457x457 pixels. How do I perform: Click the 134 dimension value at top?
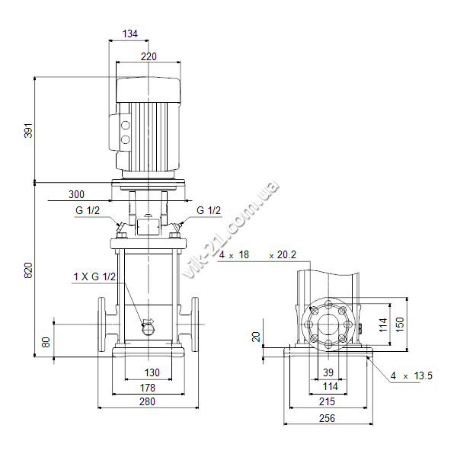click(x=130, y=34)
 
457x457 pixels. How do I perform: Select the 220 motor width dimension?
click(x=149, y=56)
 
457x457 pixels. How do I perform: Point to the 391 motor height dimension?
click(x=28, y=130)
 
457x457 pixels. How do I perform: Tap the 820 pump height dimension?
click(x=28, y=270)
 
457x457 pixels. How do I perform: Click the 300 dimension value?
click(x=76, y=194)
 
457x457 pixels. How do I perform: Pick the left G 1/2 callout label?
click(x=88, y=210)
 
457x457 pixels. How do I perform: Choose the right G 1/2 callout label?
click(x=209, y=210)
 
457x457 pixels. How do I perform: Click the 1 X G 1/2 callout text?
click(x=94, y=276)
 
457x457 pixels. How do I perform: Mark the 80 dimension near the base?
click(x=46, y=342)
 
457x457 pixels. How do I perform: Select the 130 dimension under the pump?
click(x=152, y=372)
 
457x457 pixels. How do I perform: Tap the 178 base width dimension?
click(x=148, y=388)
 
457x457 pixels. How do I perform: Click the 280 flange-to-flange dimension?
click(x=147, y=401)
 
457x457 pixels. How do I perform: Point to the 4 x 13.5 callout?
click(x=411, y=376)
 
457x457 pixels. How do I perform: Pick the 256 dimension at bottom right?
click(x=327, y=418)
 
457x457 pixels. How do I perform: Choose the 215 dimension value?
click(x=327, y=401)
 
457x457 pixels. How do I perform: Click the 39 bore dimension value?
click(x=328, y=372)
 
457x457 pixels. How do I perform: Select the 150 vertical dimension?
click(x=401, y=324)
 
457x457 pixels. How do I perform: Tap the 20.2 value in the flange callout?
click(x=286, y=254)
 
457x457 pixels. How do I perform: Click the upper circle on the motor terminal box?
click(x=126, y=126)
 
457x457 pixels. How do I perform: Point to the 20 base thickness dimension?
click(x=256, y=337)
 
